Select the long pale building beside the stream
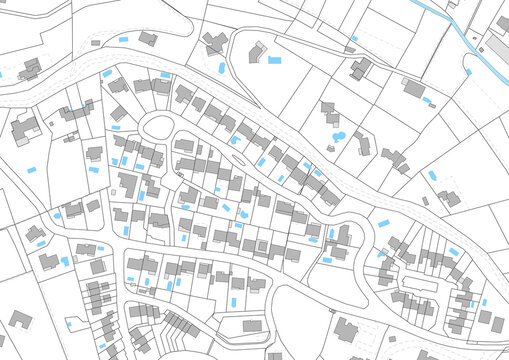(497, 49)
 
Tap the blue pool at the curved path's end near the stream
(467, 71)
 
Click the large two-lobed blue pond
(338, 135)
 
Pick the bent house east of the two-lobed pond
(362, 145)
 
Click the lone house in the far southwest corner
(19, 321)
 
